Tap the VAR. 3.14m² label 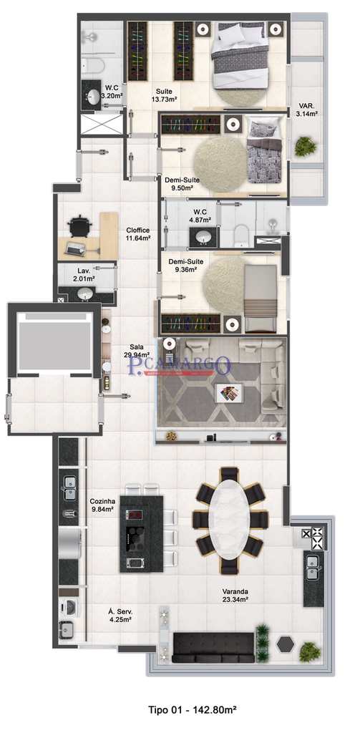[308, 110]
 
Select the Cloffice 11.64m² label [138, 233]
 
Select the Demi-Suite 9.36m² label [183, 266]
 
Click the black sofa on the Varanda [213, 646]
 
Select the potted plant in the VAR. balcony [306, 146]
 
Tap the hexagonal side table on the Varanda [286, 643]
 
